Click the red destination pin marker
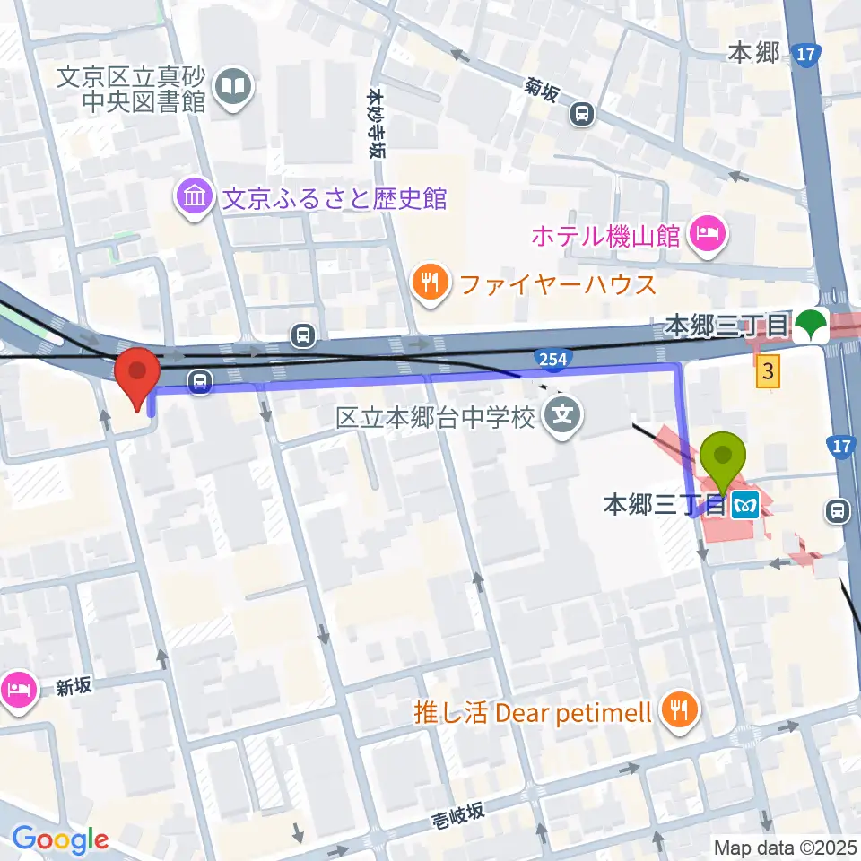point(137,375)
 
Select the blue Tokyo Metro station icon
point(745,506)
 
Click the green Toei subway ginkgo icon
point(813,325)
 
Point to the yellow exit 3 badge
point(768,371)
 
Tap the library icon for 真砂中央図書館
point(235,87)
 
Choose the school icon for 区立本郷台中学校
point(564,416)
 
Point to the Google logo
point(60,839)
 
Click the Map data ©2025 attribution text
point(785,847)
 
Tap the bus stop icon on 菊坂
point(583,113)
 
